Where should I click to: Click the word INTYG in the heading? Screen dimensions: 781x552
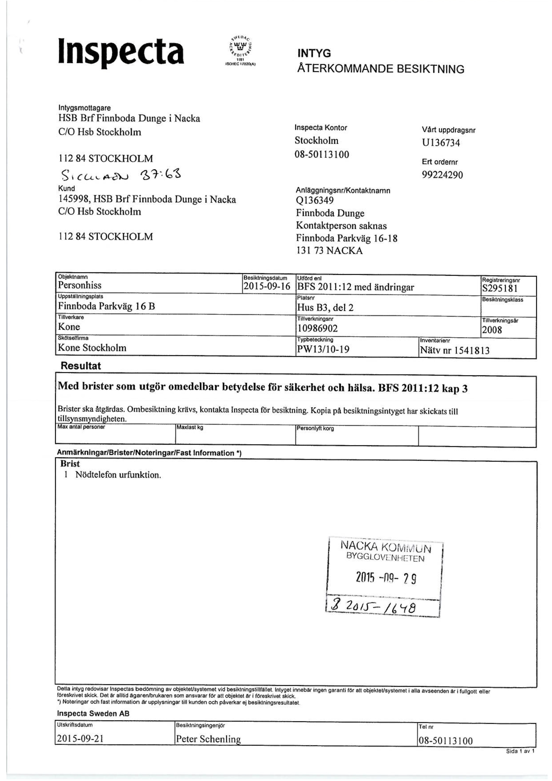pos(314,53)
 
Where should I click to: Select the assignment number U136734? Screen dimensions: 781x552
pos(441,143)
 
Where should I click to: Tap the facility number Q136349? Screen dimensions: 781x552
pos(315,200)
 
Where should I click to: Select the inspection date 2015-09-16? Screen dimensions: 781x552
pos(266,286)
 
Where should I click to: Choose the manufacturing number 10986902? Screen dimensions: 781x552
pos(317,328)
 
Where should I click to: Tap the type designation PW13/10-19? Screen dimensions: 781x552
pos(323,349)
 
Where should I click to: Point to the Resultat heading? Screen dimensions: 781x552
pos(81,366)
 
